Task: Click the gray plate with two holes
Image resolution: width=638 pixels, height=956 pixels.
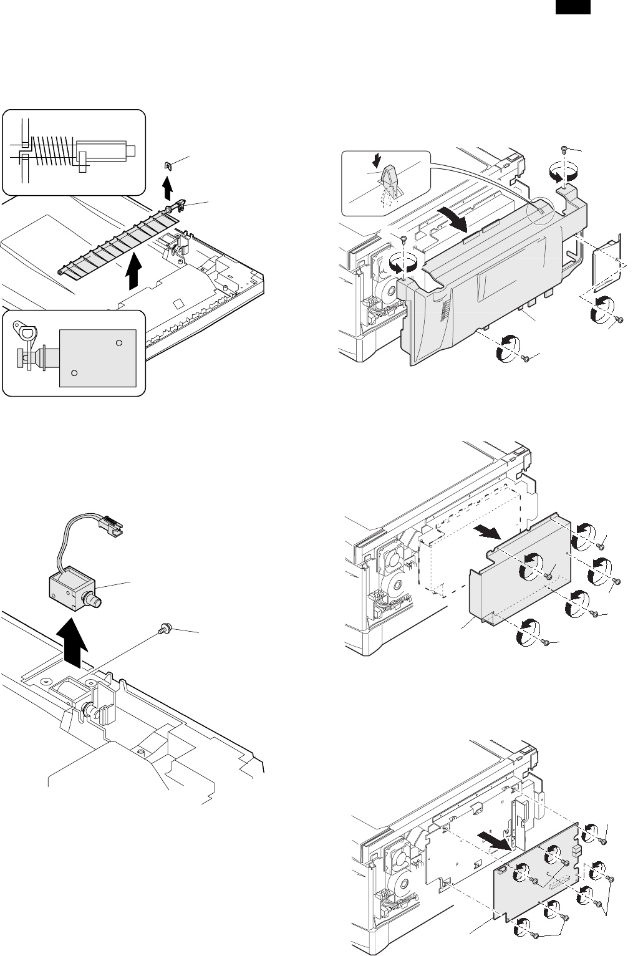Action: (x=97, y=357)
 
